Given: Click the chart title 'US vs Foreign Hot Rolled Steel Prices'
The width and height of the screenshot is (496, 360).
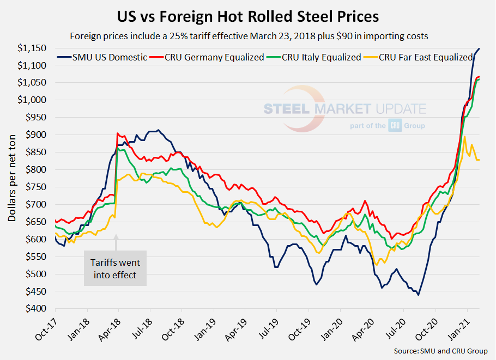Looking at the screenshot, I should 248,16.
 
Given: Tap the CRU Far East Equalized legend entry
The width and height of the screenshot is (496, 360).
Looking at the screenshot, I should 420,57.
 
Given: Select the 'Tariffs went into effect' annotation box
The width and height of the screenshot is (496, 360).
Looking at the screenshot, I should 115,268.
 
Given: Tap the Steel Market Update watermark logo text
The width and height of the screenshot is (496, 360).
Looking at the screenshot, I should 345,109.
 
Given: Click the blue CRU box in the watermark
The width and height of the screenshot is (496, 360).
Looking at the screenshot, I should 395,126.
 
